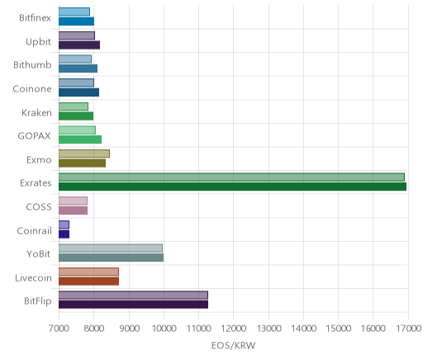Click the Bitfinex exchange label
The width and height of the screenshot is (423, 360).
[35, 18]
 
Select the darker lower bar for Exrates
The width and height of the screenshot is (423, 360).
[232, 187]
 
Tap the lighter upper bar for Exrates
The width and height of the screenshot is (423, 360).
[231, 177]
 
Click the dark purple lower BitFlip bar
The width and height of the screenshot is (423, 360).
[133, 305]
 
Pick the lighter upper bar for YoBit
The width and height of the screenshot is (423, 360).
[111, 248]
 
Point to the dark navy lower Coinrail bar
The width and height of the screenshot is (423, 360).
[64, 234]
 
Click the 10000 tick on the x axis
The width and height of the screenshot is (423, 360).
[164, 329]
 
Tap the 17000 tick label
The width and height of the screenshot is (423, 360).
[408, 329]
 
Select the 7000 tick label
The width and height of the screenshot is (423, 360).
[59, 329]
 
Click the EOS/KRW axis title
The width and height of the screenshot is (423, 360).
[233, 345]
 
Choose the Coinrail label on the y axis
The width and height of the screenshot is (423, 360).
[34, 230]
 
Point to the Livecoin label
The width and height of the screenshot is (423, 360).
[33, 277]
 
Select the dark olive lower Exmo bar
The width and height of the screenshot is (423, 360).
[82, 163]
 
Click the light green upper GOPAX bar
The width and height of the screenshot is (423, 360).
[77, 130]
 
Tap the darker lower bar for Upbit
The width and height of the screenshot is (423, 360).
[79, 45]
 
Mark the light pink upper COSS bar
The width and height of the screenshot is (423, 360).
[73, 201]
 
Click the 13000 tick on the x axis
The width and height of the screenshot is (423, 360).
[269, 329]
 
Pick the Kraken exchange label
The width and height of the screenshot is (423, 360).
[36, 112]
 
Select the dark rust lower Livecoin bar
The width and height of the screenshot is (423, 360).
[88, 281]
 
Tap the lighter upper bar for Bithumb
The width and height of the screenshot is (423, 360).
[75, 59]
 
